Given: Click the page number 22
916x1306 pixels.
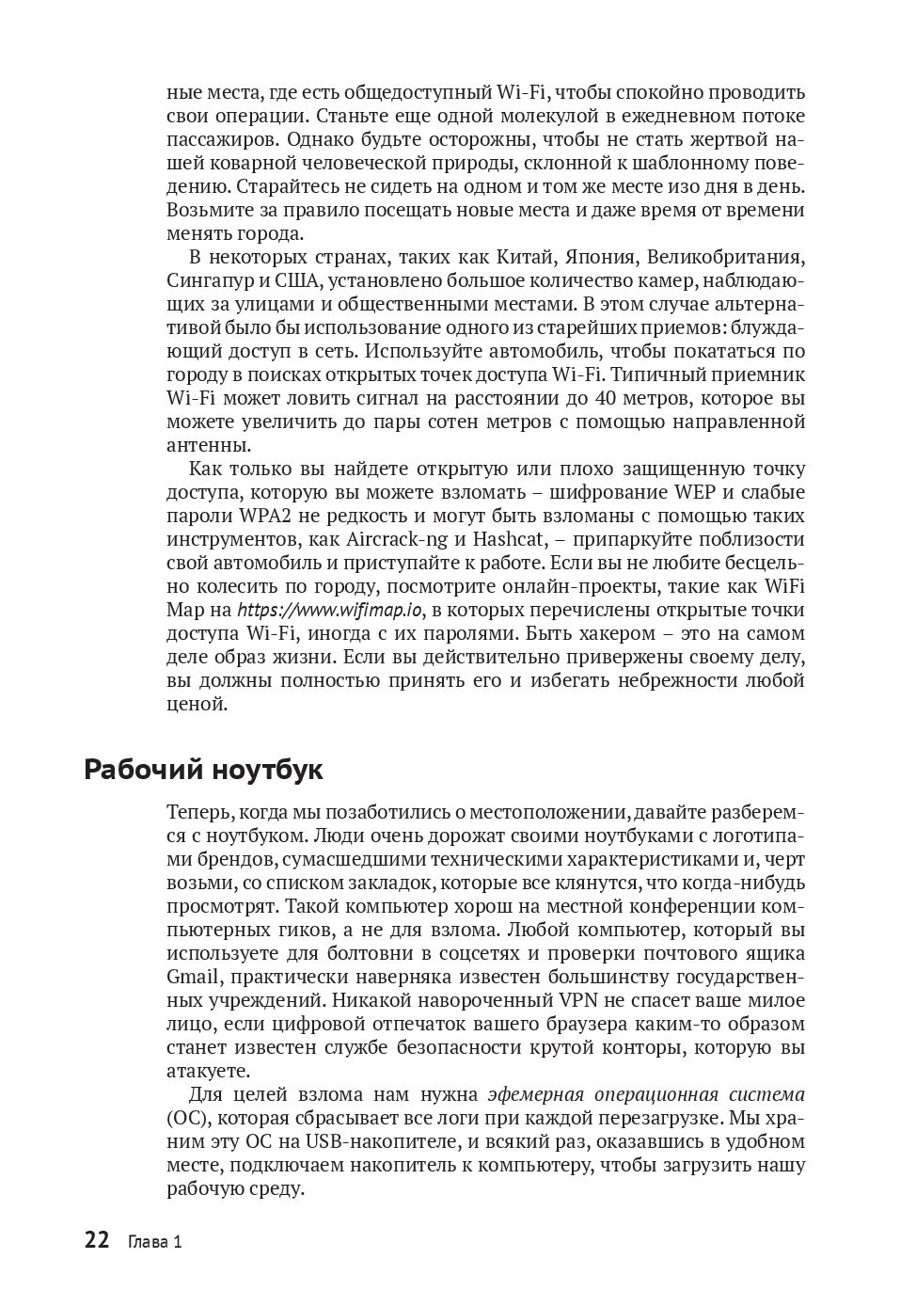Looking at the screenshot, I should [97, 1240].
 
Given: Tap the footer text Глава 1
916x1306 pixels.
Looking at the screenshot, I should [153, 1242].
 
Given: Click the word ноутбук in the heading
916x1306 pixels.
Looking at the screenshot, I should [268, 770].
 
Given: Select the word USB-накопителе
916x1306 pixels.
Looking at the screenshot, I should [366, 1141].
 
